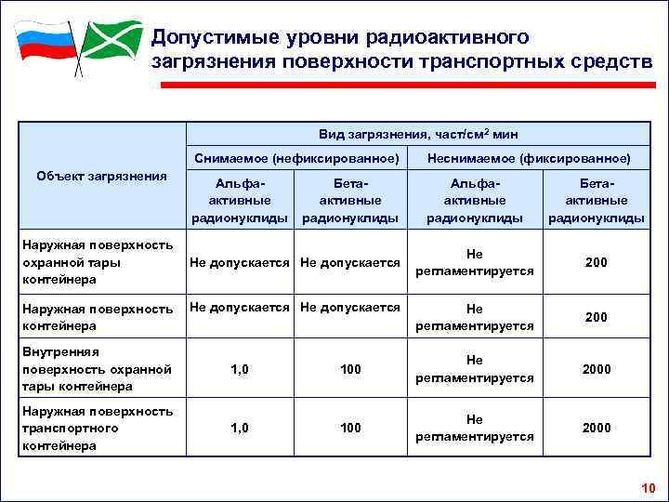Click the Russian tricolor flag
44,42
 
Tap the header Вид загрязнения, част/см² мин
417,134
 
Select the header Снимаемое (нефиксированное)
297,158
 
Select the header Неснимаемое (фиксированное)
529,158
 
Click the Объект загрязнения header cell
101,177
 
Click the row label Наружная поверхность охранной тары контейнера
98,261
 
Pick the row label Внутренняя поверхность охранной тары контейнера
98,369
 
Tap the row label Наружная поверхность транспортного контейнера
98,428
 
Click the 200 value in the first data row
596,263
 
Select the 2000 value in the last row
596,428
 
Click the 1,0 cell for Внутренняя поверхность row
240,369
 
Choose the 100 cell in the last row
350,428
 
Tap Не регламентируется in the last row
475,428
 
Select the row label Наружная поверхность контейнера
98,317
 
